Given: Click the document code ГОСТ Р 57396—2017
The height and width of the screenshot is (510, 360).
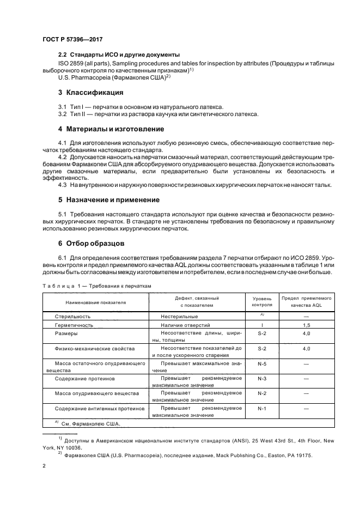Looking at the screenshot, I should click(72, 40).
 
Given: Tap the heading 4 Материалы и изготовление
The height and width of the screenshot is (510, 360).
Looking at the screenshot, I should click(111, 129).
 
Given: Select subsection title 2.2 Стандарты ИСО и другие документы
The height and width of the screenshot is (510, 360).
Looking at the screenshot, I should click(119, 55).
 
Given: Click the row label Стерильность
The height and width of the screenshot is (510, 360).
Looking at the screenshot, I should click(72, 316).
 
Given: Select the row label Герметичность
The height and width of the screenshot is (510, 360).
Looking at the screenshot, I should click(74, 325).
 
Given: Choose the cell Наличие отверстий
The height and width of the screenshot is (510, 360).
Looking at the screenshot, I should click(186, 325).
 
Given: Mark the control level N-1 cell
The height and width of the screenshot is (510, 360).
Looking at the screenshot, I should click(261, 408).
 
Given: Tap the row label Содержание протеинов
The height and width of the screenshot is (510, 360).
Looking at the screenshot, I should click(84, 378).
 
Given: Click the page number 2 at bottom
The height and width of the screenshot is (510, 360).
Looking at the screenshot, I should click(43, 466).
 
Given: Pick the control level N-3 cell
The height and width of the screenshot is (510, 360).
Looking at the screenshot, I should click(261, 378).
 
